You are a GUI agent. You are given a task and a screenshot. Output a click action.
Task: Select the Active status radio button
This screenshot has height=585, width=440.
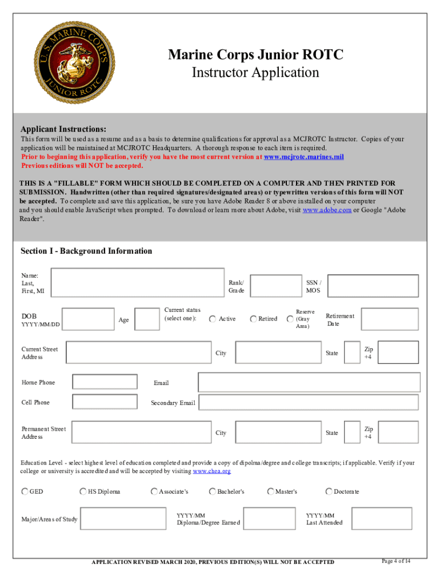point(213,319)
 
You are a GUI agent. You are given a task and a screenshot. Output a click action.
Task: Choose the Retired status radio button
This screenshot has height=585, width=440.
point(253,319)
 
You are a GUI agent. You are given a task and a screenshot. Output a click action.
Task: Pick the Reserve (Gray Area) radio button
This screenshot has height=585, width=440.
point(290,319)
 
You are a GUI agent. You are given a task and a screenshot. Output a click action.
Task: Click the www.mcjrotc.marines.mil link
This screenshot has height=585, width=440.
point(303,157)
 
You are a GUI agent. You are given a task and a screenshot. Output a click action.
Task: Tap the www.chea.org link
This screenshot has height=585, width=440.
point(211,471)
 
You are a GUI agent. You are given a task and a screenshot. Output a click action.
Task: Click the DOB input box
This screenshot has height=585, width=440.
point(88,319)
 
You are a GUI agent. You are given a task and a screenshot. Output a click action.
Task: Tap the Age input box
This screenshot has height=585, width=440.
point(147,319)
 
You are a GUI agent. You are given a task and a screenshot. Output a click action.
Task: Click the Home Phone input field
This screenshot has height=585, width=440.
point(105,382)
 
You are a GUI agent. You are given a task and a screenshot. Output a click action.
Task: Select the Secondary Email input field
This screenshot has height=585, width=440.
point(309,403)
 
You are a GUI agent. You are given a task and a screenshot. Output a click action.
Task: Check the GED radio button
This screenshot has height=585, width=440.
point(25,491)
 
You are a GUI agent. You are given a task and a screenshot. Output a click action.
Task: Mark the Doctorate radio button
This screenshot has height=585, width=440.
point(329,491)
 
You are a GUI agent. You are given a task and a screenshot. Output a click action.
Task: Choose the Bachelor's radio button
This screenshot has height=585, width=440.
point(213,491)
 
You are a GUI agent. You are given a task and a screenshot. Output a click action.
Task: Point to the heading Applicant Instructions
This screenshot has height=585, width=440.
point(63,129)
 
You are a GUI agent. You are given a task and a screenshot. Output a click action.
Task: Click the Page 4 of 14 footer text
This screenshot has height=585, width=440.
point(395,560)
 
